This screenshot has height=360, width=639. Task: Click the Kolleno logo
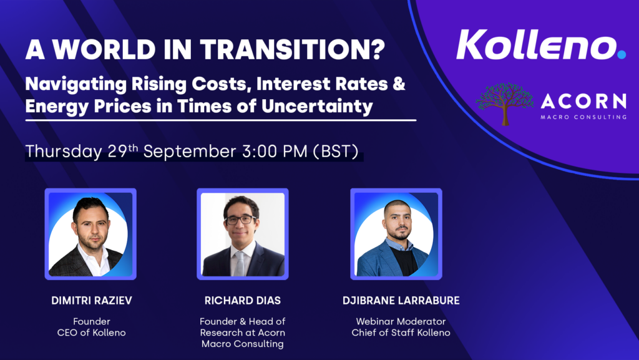coord(541,45)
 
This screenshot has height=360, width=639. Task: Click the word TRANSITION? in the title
coord(293,49)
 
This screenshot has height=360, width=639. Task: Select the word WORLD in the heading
coord(104,49)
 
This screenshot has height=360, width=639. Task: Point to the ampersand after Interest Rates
coord(399,84)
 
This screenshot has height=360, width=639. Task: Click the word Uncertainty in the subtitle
coord(317,106)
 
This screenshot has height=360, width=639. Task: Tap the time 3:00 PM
coord(275,151)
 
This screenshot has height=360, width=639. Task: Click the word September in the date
coord(190,152)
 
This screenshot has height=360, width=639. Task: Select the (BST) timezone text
coord(336,152)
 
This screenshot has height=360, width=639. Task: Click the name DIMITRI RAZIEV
coord(92,301)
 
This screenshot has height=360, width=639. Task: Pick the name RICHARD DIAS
coord(243,301)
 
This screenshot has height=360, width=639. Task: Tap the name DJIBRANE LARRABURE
coord(401,301)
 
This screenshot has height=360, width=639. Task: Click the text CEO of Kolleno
coord(91,333)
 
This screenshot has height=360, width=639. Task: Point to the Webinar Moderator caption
coord(401,321)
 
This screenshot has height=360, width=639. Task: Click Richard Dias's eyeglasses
coord(240,220)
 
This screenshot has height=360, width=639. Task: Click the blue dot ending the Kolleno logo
coord(622,54)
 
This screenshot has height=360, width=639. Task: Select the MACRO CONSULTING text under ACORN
coord(583,117)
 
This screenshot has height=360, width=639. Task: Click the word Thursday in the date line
coord(64,152)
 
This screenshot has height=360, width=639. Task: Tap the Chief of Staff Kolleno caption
coord(401,333)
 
